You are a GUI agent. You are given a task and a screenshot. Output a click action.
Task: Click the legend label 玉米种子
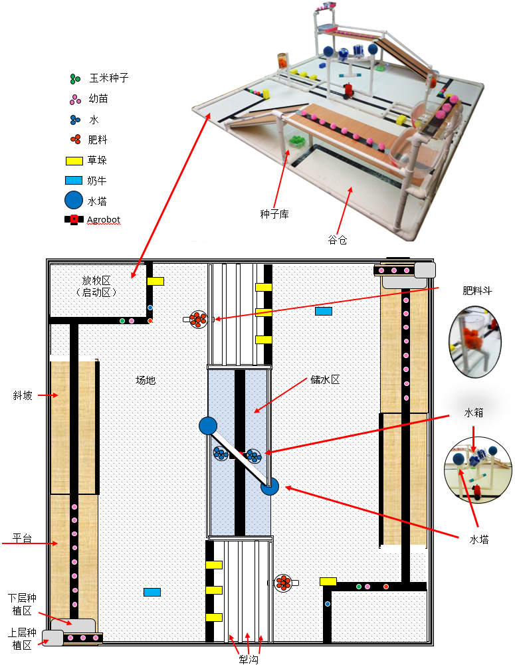tap(109, 78)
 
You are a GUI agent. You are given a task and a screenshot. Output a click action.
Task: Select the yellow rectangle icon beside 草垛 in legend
tap(73, 160)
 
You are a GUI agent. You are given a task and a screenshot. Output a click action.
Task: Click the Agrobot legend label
tap(104, 219)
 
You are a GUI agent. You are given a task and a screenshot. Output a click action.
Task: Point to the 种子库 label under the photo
tap(273, 214)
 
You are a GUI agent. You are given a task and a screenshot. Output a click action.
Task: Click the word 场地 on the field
tap(146, 381)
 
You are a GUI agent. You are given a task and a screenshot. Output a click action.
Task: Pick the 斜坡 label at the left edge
tap(22, 395)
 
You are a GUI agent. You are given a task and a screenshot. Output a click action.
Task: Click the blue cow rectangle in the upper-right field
tap(324, 311)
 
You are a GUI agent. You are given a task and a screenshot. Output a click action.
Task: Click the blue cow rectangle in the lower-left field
tap(152, 592)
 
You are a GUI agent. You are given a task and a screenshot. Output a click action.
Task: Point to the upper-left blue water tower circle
tap(208, 425)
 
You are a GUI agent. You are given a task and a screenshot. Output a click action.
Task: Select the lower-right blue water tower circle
tap(269, 487)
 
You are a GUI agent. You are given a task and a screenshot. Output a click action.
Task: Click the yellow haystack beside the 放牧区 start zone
tap(155, 282)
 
